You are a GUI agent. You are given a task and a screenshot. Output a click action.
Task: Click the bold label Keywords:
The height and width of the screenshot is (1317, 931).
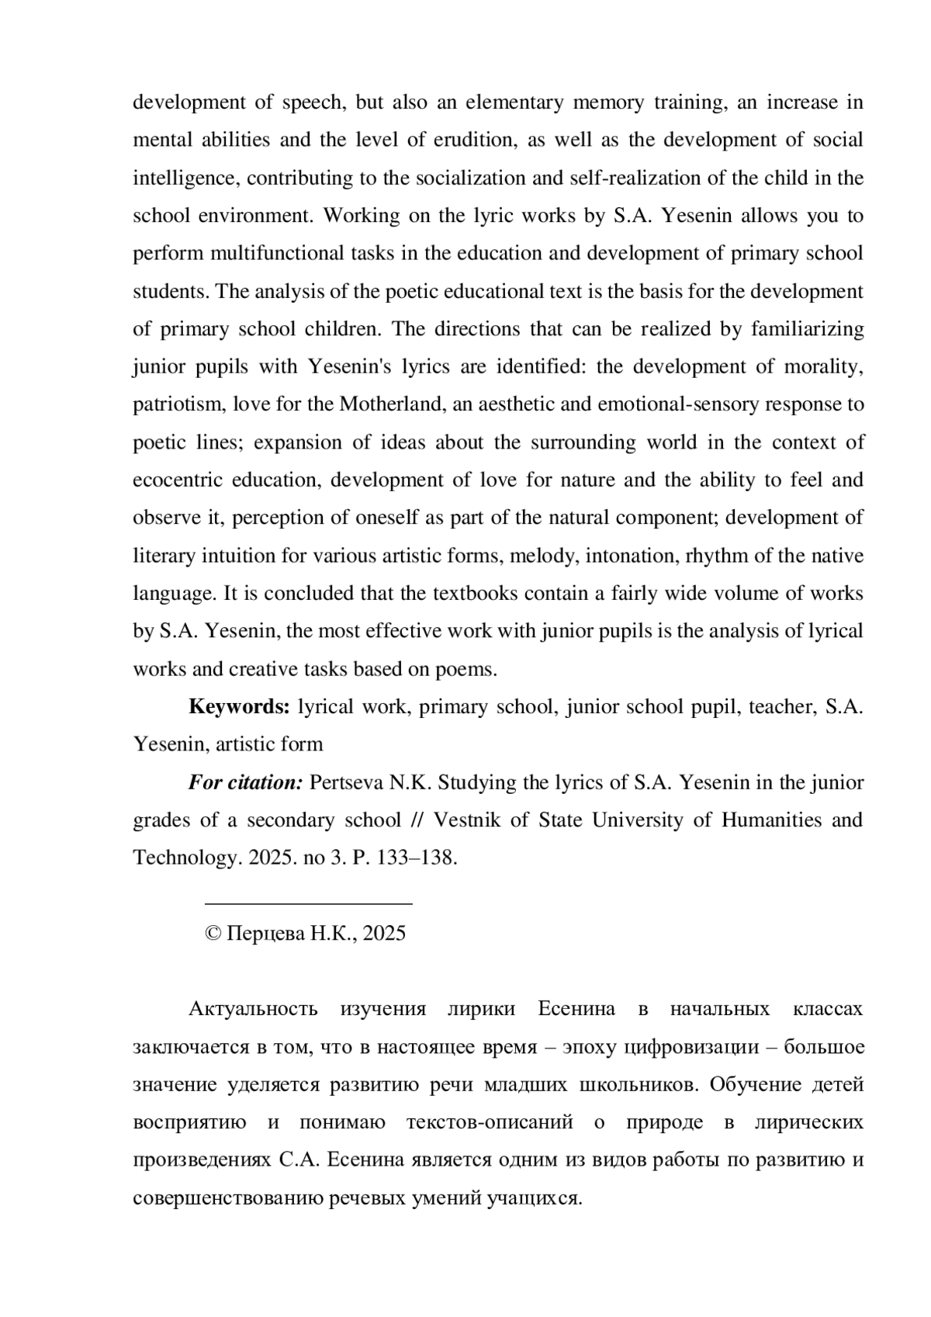[x=239, y=706]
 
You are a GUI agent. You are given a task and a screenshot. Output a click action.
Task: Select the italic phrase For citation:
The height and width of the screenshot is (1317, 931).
[x=245, y=782]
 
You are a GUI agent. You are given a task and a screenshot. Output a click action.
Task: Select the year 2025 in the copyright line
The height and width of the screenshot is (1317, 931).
[x=384, y=933]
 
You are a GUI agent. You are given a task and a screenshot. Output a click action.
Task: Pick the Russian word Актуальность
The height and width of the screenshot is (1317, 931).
[x=253, y=1009]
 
